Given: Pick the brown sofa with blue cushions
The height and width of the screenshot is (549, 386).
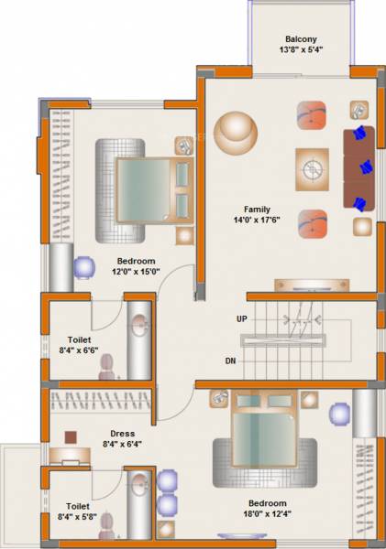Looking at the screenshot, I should tap(360, 167).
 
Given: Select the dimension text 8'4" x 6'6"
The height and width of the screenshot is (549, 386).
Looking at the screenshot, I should tap(79, 350).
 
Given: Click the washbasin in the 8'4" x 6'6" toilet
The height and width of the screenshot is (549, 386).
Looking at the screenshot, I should tap(139, 324).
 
